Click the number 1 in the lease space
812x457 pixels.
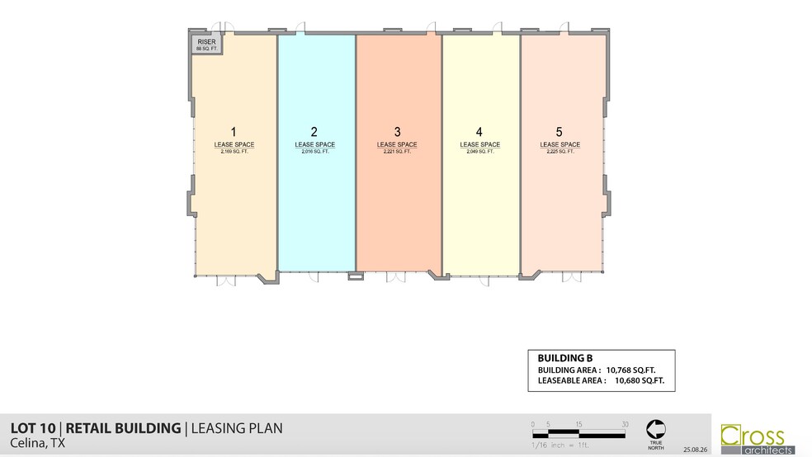tap(234, 131)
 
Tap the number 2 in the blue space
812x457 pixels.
tap(314, 131)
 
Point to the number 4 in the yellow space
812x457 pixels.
tap(479, 131)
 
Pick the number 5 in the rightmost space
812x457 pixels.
tap(559, 131)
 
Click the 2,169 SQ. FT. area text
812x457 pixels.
tap(234, 152)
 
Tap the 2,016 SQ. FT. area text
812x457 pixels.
tap(314, 152)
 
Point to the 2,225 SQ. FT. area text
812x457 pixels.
tap(559, 152)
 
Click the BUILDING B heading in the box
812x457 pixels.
tap(565, 358)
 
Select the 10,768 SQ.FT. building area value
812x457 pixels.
tap(629, 370)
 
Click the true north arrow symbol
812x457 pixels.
tap(656, 428)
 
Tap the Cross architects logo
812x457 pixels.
tap(758, 438)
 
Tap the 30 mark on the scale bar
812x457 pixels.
tap(625, 424)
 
